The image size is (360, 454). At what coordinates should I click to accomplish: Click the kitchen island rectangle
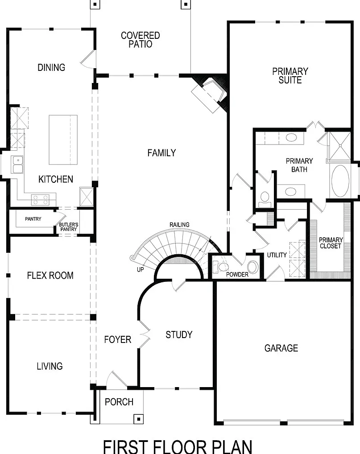[x=63, y=140]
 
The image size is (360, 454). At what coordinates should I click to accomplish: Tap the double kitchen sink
[x=17, y=165]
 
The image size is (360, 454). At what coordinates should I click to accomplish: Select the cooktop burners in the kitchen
[x=40, y=200]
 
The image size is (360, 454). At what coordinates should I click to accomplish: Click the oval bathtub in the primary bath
[x=340, y=181]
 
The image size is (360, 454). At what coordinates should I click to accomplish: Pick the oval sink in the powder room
[x=252, y=267]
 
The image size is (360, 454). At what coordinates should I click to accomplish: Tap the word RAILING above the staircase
[x=180, y=225]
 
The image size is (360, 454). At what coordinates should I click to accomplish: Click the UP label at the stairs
[x=141, y=269]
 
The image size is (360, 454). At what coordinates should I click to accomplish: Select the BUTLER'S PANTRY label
[x=69, y=227]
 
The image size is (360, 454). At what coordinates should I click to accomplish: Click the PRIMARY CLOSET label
[x=331, y=243]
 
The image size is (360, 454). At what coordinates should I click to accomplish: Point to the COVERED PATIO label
[x=141, y=40]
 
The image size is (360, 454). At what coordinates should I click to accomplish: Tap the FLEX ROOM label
[x=50, y=275]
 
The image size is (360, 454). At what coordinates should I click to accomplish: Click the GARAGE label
[x=281, y=348]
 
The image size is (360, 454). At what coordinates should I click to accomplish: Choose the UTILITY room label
[x=277, y=255]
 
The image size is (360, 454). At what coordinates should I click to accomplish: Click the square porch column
[x=138, y=419]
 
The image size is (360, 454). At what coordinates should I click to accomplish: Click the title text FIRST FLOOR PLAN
[x=178, y=447]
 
